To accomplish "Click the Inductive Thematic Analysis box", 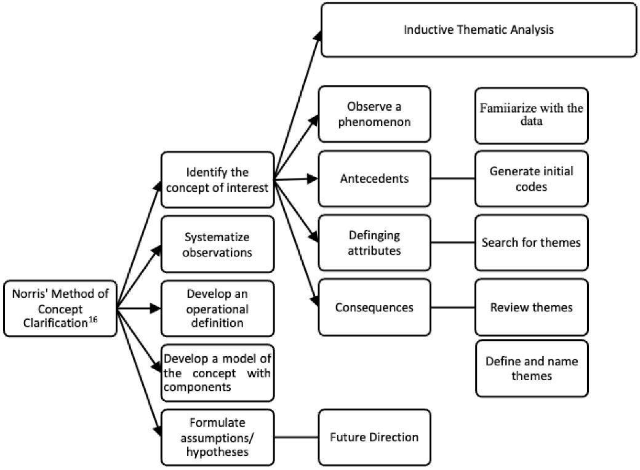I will click(479, 30).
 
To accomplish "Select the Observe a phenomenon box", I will click(374, 114).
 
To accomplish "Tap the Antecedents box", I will click(374, 179).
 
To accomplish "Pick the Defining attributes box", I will click(374, 243).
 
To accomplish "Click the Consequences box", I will click(374, 306).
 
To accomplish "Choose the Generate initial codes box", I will click(531, 178).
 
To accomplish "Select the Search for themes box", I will click(531, 242).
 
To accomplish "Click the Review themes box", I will click(531, 306).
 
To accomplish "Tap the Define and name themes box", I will click(531, 367).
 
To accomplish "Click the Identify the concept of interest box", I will click(216, 180).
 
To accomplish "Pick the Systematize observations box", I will click(216, 244).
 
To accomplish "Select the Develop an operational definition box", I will click(216, 308).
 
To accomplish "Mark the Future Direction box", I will click(374, 437).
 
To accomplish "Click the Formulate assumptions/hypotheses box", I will click(216, 437).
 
